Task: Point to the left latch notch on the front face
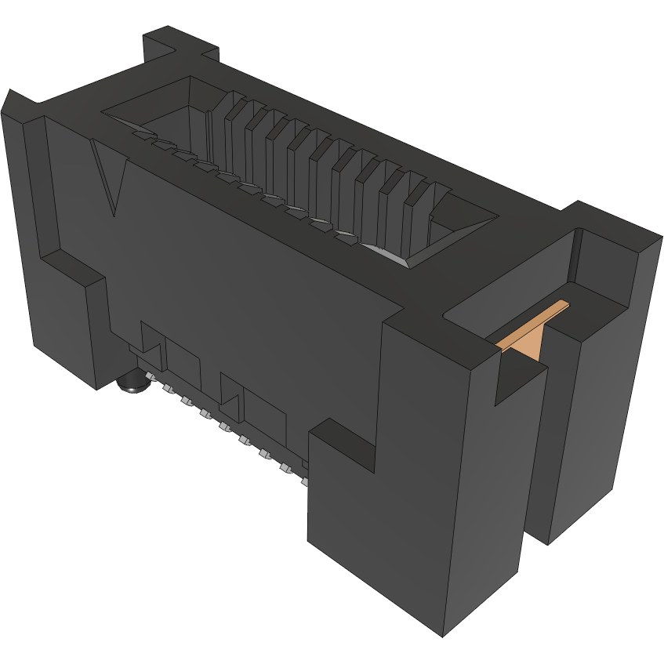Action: click(x=152, y=345)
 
